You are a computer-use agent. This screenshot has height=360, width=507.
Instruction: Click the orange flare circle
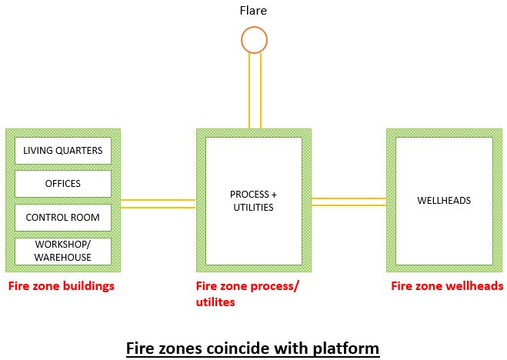(254, 39)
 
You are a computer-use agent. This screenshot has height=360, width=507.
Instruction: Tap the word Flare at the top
(254, 11)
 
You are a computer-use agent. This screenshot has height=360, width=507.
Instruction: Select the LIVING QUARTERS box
(63, 151)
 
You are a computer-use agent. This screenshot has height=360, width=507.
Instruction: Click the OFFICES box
(63, 184)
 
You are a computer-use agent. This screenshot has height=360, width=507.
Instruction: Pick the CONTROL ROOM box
(63, 218)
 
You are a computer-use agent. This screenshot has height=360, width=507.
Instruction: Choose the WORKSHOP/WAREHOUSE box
(63, 251)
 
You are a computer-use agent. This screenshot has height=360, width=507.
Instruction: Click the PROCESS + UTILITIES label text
(252, 201)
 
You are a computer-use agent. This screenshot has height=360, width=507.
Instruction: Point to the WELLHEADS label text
(444, 201)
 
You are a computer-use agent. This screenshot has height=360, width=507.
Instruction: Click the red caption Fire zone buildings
(62, 286)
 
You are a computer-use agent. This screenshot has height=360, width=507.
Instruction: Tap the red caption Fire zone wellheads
(447, 286)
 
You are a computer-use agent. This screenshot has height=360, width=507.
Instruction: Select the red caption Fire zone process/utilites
(248, 294)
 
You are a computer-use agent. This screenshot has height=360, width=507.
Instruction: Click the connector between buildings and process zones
(158, 204)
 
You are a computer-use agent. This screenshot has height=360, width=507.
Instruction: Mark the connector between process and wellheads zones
(349, 202)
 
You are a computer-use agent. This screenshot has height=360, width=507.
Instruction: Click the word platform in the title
(343, 348)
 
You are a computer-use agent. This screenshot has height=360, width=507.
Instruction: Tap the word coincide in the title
(235, 348)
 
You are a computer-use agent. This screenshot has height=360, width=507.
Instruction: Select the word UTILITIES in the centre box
(252, 208)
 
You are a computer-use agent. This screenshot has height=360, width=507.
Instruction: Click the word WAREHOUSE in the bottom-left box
(63, 258)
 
